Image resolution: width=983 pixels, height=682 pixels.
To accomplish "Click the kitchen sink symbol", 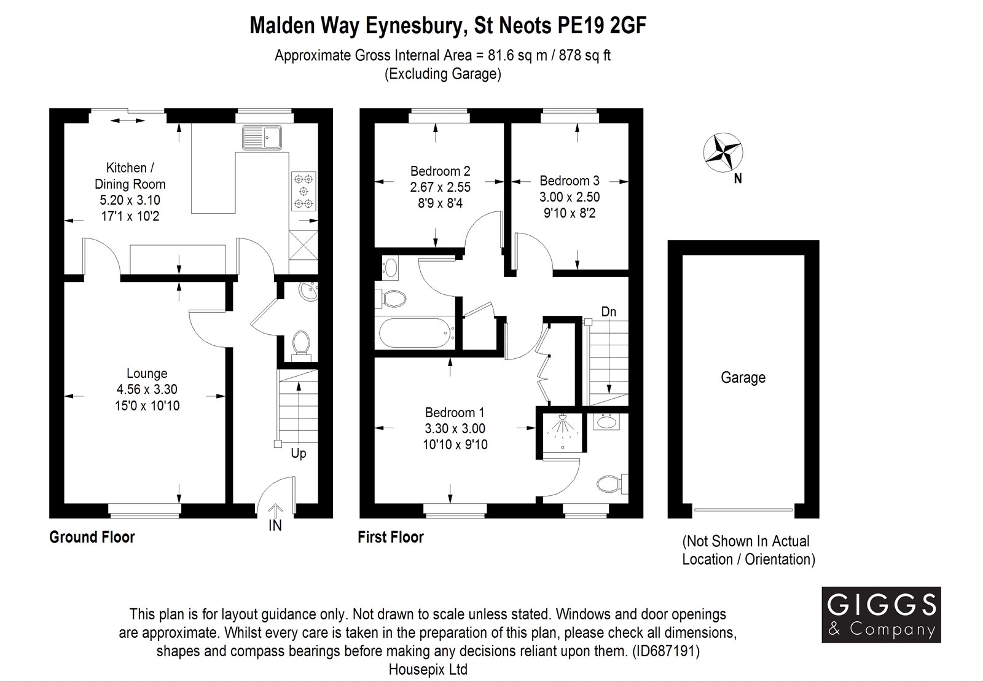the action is pos(262,137).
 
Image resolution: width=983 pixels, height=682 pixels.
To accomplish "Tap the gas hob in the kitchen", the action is pos(304,191).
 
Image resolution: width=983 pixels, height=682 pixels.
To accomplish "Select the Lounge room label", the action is pos(147,374).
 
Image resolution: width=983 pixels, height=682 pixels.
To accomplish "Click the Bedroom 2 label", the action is pos(440,171).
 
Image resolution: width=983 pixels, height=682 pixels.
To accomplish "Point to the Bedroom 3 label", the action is pos(570,181).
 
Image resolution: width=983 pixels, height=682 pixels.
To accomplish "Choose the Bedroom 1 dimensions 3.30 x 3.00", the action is pos(455,428).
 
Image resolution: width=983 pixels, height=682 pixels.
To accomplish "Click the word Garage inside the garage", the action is pos(743,377).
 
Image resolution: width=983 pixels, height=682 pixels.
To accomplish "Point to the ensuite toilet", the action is pos(612,484).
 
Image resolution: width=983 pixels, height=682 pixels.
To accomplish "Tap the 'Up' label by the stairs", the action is pos(299,453).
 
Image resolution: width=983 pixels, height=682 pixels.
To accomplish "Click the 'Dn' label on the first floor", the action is pos(609,312).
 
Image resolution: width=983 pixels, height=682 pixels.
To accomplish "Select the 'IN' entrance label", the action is pos(275,525).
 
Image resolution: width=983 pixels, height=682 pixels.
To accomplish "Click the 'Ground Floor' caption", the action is pos(92,537).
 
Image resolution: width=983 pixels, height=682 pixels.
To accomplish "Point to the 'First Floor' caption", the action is pos(391,537).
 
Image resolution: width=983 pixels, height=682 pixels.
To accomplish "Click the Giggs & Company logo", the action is pos(881,614).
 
